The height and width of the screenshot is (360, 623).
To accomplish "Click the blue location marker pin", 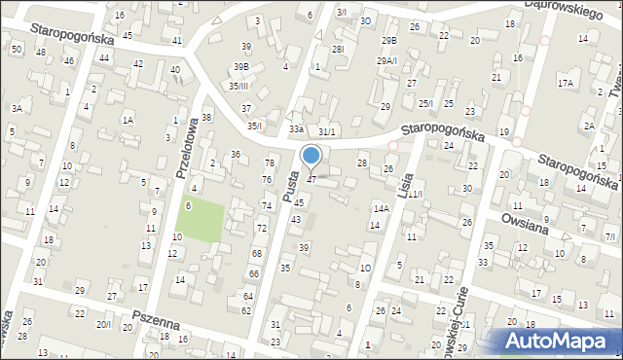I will (311, 157).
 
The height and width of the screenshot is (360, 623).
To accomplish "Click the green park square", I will (202, 217).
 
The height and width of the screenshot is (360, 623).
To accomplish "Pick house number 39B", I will (240, 66).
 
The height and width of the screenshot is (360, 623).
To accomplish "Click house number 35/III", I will (239, 86).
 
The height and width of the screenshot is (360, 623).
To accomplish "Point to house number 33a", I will (296, 128).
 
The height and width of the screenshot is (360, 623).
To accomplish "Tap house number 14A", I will (381, 208).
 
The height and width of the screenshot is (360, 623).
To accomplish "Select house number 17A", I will (566, 84).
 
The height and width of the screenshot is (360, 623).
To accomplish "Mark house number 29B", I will (389, 40).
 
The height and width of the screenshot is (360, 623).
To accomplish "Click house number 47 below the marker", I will (311, 179).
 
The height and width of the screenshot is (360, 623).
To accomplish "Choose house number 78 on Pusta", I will (269, 162).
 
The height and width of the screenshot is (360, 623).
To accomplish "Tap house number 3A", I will (17, 109).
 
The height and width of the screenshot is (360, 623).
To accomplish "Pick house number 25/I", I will (425, 103).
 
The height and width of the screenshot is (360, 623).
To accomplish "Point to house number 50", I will (17, 49).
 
